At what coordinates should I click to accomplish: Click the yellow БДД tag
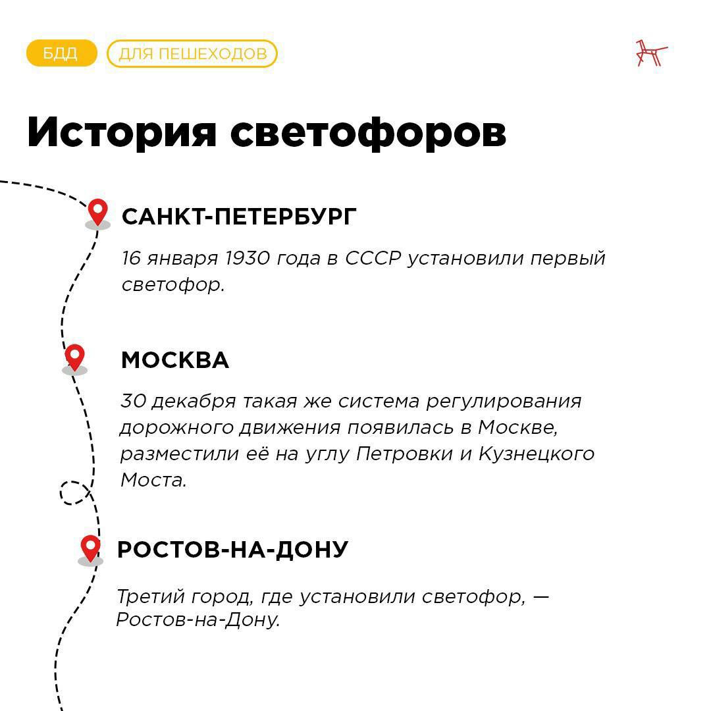click(62, 53)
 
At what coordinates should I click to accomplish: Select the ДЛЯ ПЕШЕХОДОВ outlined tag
click(192, 53)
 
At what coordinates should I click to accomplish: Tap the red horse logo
click(651, 53)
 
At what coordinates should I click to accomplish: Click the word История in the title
click(122, 132)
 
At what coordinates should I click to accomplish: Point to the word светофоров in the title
click(368, 132)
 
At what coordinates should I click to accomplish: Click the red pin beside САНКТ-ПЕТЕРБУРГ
click(97, 212)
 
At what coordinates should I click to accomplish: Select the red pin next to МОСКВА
click(75, 357)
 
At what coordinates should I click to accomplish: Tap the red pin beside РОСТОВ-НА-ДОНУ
click(90, 548)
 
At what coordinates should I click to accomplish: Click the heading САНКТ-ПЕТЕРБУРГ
click(239, 217)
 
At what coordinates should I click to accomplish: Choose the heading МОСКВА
click(175, 360)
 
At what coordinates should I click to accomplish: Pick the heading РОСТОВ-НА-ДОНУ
click(232, 550)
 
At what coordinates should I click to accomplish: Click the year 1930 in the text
click(248, 258)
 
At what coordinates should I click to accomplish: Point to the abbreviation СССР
click(373, 258)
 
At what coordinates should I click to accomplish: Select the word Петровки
click(404, 454)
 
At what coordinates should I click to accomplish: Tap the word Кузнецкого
click(537, 454)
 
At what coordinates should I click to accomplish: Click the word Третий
click(151, 596)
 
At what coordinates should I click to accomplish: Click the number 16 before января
click(131, 258)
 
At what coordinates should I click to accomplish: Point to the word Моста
click(153, 480)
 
